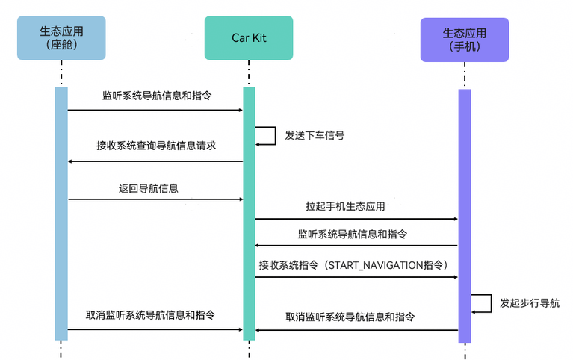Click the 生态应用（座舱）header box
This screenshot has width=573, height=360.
click(x=61, y=38)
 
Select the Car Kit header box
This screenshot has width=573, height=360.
click(x=249, y=38)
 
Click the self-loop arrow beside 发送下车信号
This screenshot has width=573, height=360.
click(x=267, y=135)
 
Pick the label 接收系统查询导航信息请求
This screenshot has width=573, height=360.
click(x=156, y=146)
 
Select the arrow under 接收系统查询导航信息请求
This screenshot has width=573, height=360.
click(x=155, y=161)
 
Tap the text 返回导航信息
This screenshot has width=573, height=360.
click(x=148, y=189)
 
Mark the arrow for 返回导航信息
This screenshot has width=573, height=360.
click(x=155, y=199)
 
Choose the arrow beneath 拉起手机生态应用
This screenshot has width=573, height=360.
click(x=356, y=219)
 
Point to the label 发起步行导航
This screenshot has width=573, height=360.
click(x=529, y=303)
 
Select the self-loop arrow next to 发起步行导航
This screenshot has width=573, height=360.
click(x=482, y=302)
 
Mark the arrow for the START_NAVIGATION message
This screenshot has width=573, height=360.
click(x=356, y=277)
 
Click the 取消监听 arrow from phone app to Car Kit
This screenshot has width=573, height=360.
click(x=356, y=329)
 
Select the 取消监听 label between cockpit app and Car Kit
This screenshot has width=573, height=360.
click(x=149, y=316)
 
